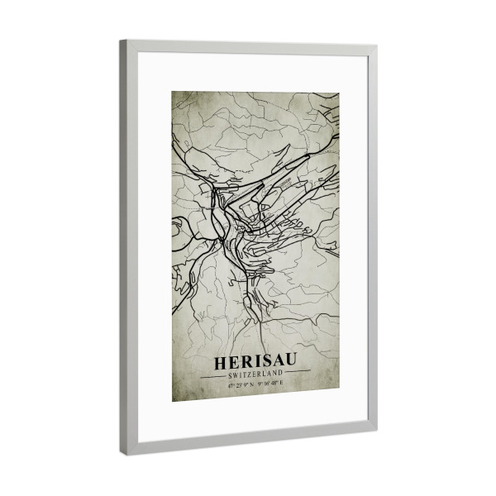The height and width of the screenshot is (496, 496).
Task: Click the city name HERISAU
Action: [x=255, y=362]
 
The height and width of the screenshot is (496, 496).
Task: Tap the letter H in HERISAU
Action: [x=221, y=362]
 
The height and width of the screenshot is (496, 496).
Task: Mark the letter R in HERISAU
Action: [x=245, y=362]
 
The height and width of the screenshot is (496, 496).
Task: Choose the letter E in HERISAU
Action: [x=233, y=362]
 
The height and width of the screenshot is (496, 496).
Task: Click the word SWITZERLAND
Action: [x=255, y=374]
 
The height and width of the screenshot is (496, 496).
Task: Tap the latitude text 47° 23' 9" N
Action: [x=241, y=384]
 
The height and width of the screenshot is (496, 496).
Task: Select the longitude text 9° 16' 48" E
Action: [x=271, y=383]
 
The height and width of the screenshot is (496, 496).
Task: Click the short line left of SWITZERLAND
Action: [x=212, y=374]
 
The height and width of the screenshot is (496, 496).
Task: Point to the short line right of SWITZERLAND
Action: [x=298, y=373]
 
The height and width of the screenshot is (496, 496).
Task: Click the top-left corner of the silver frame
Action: [x=121, y=41]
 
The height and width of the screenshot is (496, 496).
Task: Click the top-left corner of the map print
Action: [x=172, y=92]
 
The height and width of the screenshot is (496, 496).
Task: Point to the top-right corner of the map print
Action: [x=339, y=93]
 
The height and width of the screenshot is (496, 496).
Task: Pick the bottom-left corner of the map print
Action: [x=173, y=401]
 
